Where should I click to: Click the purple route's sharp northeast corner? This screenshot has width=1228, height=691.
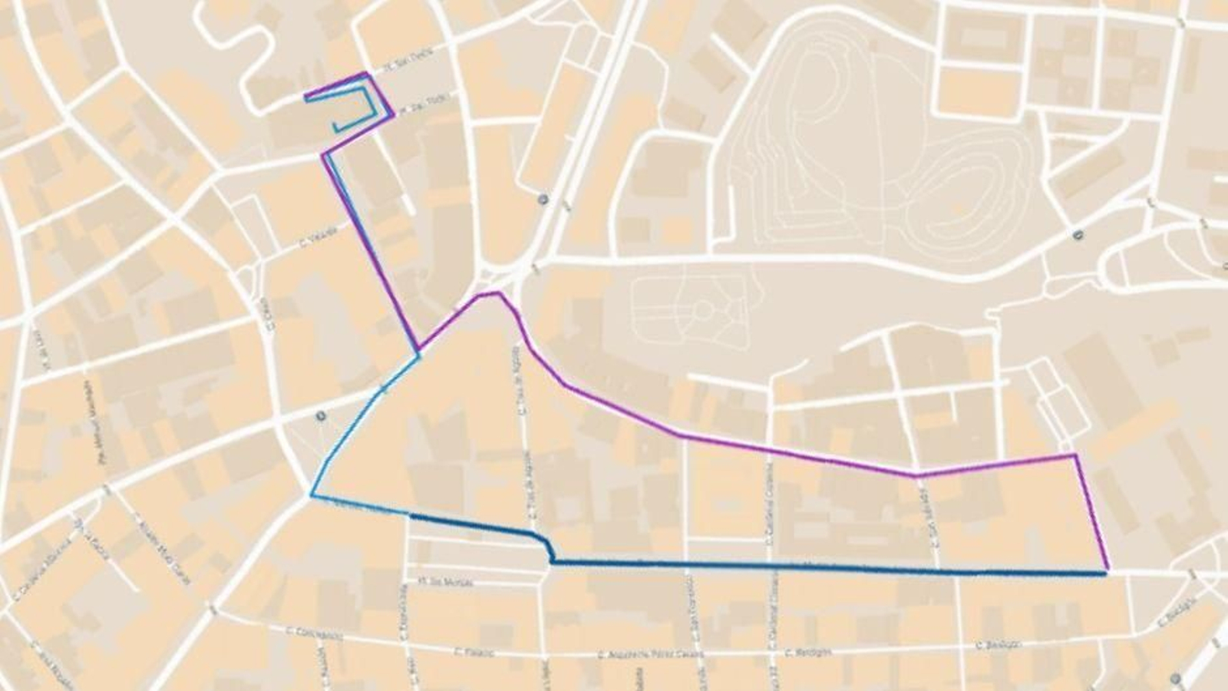pyautogui.click(x=1074, y=455)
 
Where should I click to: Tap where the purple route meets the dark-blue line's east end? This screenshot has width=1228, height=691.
pyautogui.click(x=1106, y=572)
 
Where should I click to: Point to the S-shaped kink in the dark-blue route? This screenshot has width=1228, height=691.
pyautogui.click(x=548, y=547)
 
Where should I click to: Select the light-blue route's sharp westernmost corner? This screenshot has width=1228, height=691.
pyautogui.click(x=311, y=495)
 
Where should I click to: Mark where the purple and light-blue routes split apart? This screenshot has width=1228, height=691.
pyautogui.click(x=418, y=353)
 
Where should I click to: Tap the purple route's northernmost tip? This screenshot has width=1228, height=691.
pyautogui.click(x=365, y=74)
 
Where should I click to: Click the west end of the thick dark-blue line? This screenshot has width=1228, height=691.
pyautogui.click(x=412, y=517)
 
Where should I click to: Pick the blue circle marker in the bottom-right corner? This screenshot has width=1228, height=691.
pyautogui.click(x=1176, y=678)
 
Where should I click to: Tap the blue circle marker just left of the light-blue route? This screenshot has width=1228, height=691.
pyautogui.click(x=320, y=416)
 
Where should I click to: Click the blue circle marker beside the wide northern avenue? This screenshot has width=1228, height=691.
pyautogui.click(x=543, y=199)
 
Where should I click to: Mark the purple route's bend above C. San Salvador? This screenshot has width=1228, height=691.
pyautogui.click(x=915, y=475)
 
